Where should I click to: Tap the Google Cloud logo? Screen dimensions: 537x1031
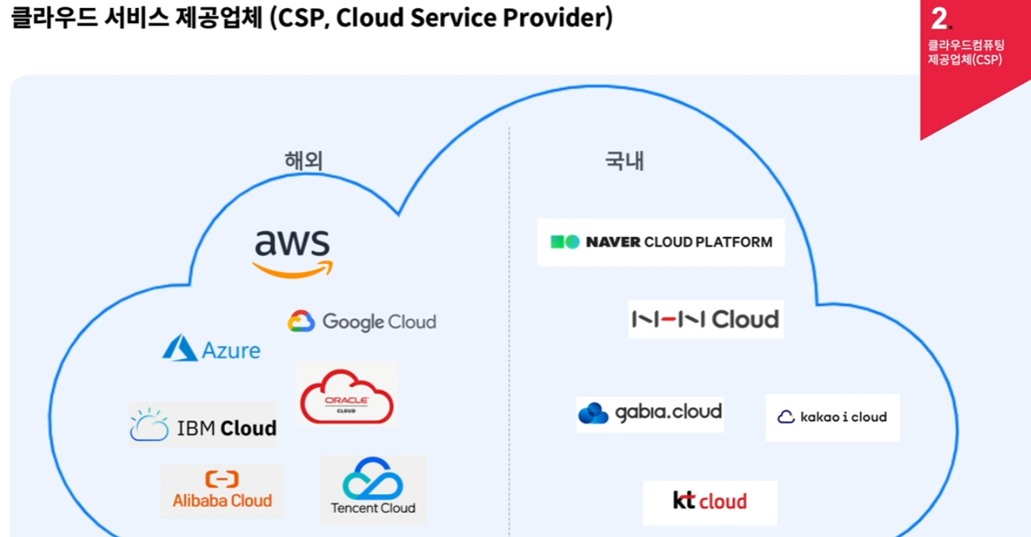coord(362,321)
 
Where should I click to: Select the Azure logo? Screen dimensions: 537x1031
coord(212,349)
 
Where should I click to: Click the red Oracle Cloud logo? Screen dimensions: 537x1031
coord(346,394)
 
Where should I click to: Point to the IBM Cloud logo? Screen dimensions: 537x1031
coord(204,426)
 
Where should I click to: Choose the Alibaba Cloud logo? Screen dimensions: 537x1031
coord(222,490)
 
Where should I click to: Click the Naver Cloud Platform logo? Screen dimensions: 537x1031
coord(661,242)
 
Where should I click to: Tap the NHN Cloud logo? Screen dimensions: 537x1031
coord(705,319)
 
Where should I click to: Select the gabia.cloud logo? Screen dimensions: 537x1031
coord(650,412)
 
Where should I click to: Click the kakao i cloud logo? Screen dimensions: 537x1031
coord(832,417)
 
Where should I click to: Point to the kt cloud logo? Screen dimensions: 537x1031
coord(709,501)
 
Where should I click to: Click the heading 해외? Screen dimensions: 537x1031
coord(304,161)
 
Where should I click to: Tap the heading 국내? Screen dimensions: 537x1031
coord(624,161)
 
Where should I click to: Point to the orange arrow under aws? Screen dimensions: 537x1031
coord(292,270)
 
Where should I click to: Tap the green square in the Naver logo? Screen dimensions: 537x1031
coord(558,242)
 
